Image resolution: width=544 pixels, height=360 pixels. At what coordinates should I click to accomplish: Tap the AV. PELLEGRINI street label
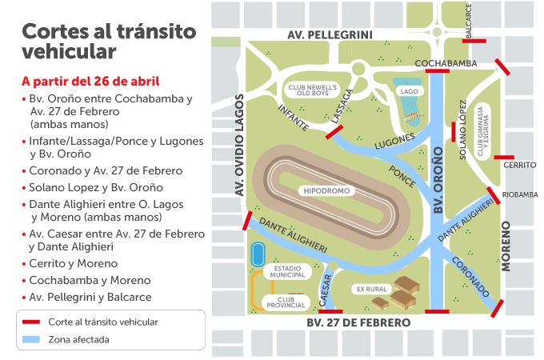point(330,34)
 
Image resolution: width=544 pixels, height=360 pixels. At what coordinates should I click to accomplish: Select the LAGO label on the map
point(410,91)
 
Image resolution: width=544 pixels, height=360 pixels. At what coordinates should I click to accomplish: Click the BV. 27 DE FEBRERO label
point(358,322)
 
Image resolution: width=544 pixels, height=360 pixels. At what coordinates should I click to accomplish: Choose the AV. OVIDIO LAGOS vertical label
point(238,145)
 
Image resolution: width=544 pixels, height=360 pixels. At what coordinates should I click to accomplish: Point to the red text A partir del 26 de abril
point(90,82)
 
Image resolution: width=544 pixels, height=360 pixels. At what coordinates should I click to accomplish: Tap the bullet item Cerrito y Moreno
point(73,263)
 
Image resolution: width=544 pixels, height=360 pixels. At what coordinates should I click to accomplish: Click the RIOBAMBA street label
point(520,194)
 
